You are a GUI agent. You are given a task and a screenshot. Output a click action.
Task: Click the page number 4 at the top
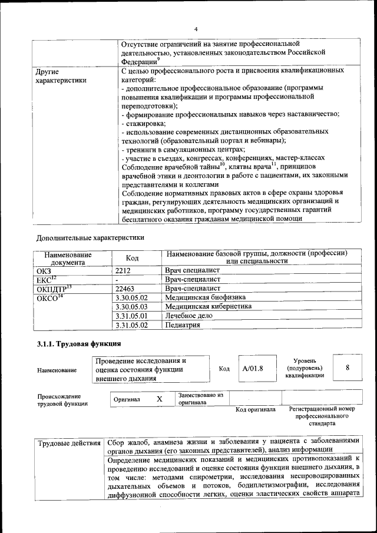coord(196,29)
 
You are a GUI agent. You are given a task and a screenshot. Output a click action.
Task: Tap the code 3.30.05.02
coord(131,298)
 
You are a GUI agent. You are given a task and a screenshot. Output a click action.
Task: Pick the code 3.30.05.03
coord(131,307)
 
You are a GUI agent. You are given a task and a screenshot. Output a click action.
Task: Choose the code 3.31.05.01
coord(131,316)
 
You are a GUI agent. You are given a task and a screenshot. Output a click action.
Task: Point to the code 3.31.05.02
coord(131,325)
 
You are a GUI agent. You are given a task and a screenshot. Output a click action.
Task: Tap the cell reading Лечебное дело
coord(189,316)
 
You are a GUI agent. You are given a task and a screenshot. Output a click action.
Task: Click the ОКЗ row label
coord(44,270)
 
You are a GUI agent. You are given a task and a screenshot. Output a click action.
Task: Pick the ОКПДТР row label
coord(53,289)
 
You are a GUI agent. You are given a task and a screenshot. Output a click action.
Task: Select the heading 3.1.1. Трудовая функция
coord(79,345)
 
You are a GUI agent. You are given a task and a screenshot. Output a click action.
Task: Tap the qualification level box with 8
coord(348,368)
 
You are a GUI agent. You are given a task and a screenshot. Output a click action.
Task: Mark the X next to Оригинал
coord(159,399)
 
